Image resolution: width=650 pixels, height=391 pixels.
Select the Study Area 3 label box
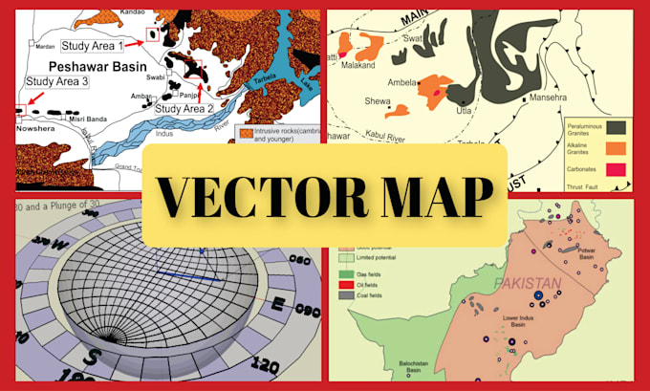click(x=58, y=82)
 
